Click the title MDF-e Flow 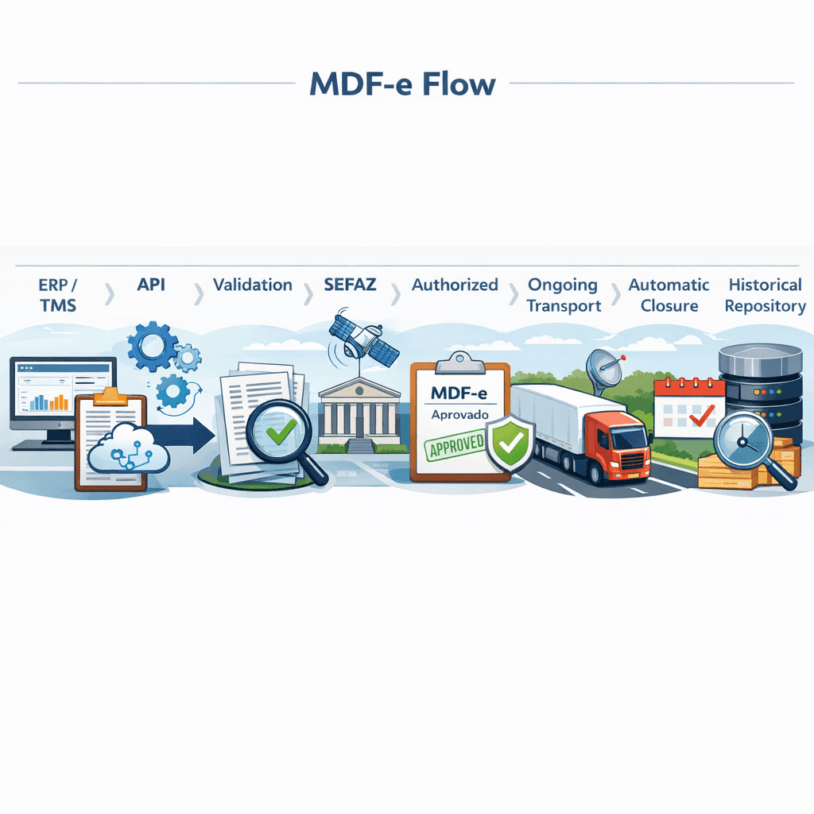[402, 83]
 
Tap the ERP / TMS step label [57, 295]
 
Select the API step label [151, 285]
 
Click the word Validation [252, 285]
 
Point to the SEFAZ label [350, 285]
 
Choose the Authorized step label [455, 285]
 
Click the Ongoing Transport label [564, 295]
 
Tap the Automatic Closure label [669, 295]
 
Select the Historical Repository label [766, 295]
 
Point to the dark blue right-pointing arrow [182, 435]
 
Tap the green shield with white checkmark [511, 442]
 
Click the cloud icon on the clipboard [128, 448]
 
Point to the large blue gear [152, 346]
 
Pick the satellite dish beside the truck [605, 370]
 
